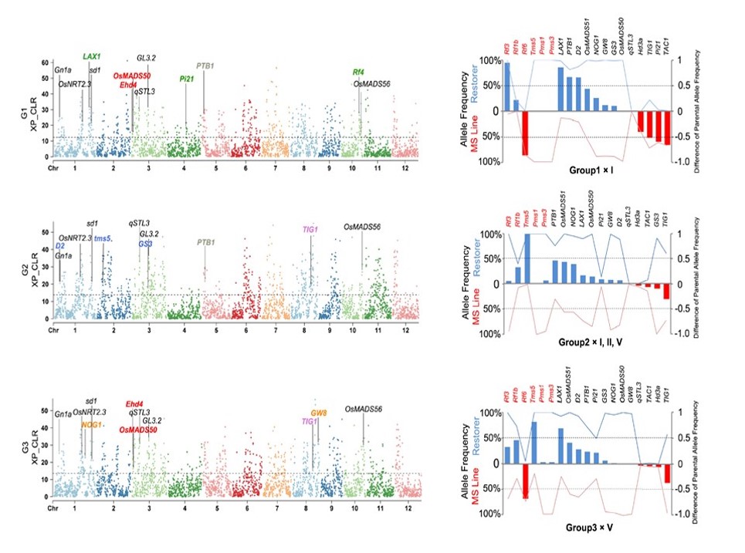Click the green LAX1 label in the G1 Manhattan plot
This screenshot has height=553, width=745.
pyautogui.click(x=93, y=57)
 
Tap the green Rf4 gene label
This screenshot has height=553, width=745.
pyautogui.click(x=358, y=72)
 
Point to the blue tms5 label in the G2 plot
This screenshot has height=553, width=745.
pyautogui.click(x=103, y=238)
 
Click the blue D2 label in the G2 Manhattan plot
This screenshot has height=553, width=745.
pyautogui.click(x=60, y=246)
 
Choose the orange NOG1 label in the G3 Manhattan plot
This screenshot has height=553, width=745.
pyautogui.click(x=91, y=425)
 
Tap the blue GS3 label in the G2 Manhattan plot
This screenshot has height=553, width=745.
pyautogui.click(x=146, y=244)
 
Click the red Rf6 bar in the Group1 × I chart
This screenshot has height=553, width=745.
pyautogui.click(x=526, y=133)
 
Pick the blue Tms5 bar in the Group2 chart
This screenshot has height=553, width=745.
pyautogui.click(x=527, y=258)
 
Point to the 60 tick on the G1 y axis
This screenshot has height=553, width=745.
pyautogui.click(x=46, y=62)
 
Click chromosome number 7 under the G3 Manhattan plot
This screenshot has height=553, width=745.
pyautogui.click(x=275, y=509)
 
